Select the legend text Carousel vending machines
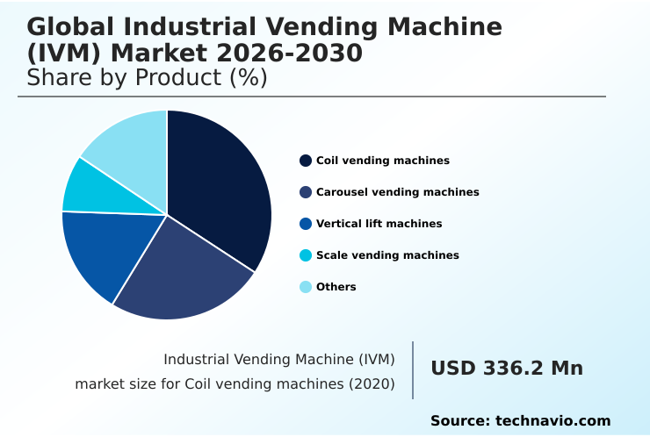pyautogui.click(x=397, y=192)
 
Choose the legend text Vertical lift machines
pyautogui.click(x=379, y=224)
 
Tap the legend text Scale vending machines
pyautogui.click(x=387, y=255)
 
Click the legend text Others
pyautogui.click(x=336, y=287)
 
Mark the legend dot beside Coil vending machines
pyautogui.click(x=306, y=161)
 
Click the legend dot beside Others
pyautogui.click(x=306, y=287)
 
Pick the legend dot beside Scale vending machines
pyautogui.click(x=306, y=255)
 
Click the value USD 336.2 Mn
pyautogui.click(x=507, y=369)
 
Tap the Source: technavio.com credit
pyautogui.click(x=520, y=421)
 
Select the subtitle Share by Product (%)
pyautogui.click(x=147, y=77)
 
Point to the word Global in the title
pyautogui.click(x=75, y=27)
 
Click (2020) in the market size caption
pyautogui.click(x=370, y=383)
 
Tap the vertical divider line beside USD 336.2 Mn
pyautogui.click(x=413, y=370)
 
